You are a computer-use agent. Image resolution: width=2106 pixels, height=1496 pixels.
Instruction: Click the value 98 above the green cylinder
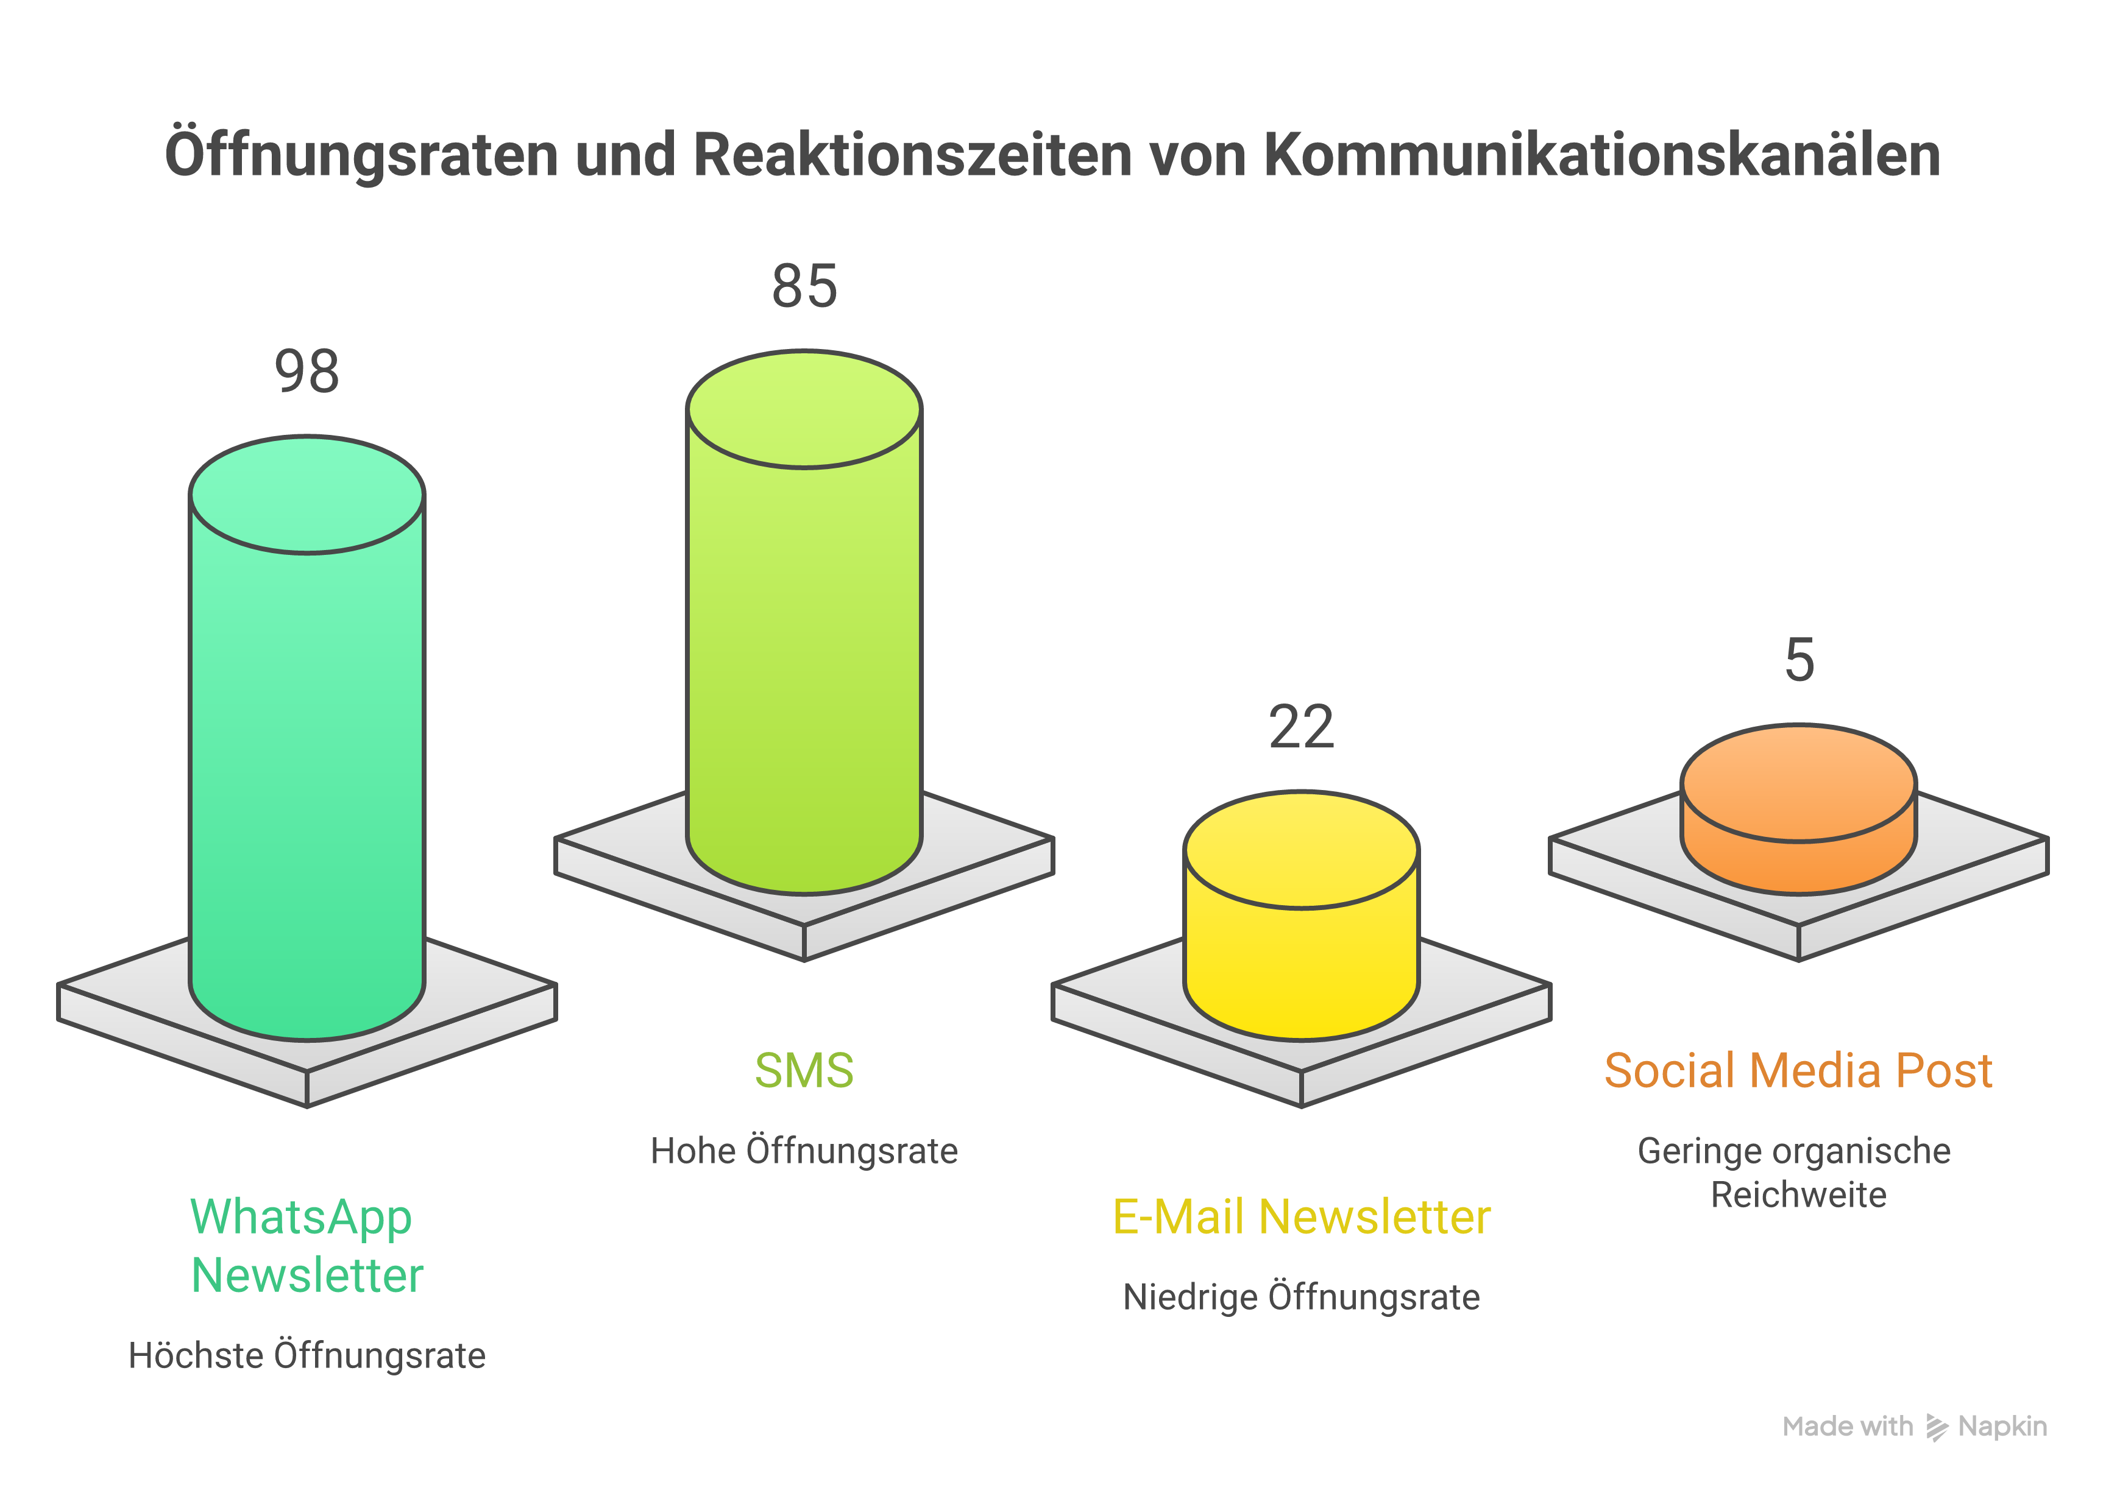307,372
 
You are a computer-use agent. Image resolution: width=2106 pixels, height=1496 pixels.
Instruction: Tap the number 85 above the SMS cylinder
804,286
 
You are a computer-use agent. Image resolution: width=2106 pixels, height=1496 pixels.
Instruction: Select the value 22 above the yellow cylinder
1302,728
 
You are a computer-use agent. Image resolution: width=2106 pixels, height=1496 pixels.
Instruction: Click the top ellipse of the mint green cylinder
307,495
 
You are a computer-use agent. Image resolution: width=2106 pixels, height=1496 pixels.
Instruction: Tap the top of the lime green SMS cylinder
804,409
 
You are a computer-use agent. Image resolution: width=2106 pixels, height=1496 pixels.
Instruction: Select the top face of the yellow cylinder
1302,849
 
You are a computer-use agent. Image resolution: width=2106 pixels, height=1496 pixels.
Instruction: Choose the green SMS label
804,1070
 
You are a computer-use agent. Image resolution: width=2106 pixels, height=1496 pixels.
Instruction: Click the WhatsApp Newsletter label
307,1246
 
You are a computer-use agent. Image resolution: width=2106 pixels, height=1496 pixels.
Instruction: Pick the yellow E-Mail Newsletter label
1302,1217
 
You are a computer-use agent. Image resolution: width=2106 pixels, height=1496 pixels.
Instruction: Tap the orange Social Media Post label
1799,1070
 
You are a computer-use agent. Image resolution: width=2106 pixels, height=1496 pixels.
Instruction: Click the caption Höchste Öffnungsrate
307,1356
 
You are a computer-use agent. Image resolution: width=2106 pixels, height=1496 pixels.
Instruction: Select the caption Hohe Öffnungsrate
804,1151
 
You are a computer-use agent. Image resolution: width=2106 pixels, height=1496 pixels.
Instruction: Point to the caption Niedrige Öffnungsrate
1302,1297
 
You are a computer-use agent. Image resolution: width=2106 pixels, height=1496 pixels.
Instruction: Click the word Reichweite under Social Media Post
1799,1194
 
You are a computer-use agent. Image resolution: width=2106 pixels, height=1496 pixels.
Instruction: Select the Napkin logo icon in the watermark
1937,1428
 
